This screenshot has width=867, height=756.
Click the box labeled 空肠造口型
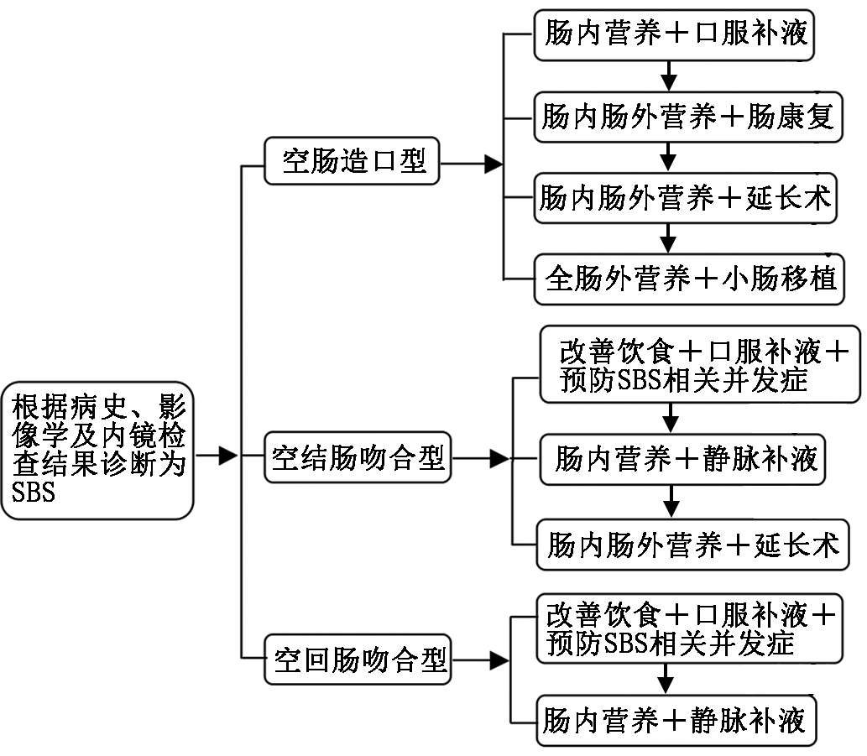353,162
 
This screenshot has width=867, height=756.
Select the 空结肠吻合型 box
358,458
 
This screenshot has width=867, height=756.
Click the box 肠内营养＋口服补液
676,34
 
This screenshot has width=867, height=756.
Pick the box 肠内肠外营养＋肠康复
687,117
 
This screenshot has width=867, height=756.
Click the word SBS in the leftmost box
34,493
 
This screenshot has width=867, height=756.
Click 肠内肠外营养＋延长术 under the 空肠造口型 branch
687,198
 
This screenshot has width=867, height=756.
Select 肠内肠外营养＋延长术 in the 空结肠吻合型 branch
692,546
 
